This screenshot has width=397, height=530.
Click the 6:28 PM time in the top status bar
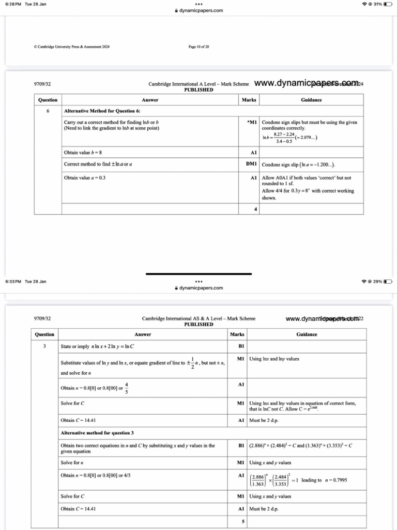(x=12, y=4)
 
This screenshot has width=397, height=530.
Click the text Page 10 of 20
(x=198, y=47)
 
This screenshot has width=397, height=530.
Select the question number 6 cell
(x=48, y=111)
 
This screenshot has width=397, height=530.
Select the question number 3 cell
(x=44, y=345)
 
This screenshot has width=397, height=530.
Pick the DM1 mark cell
(x=251, y=165)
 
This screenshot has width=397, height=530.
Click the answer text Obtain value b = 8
(x=83, y=152)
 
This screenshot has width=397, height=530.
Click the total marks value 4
(x=255, y=209)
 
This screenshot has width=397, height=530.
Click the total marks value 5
(x=243, y=521)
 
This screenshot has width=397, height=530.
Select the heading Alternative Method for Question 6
(x=102, y=111)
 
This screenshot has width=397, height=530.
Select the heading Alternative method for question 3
(x=97, y=433)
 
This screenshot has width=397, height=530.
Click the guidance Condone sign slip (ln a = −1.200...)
(x=298, y=165)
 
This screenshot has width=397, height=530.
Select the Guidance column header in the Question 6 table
(x=311, y=99)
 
